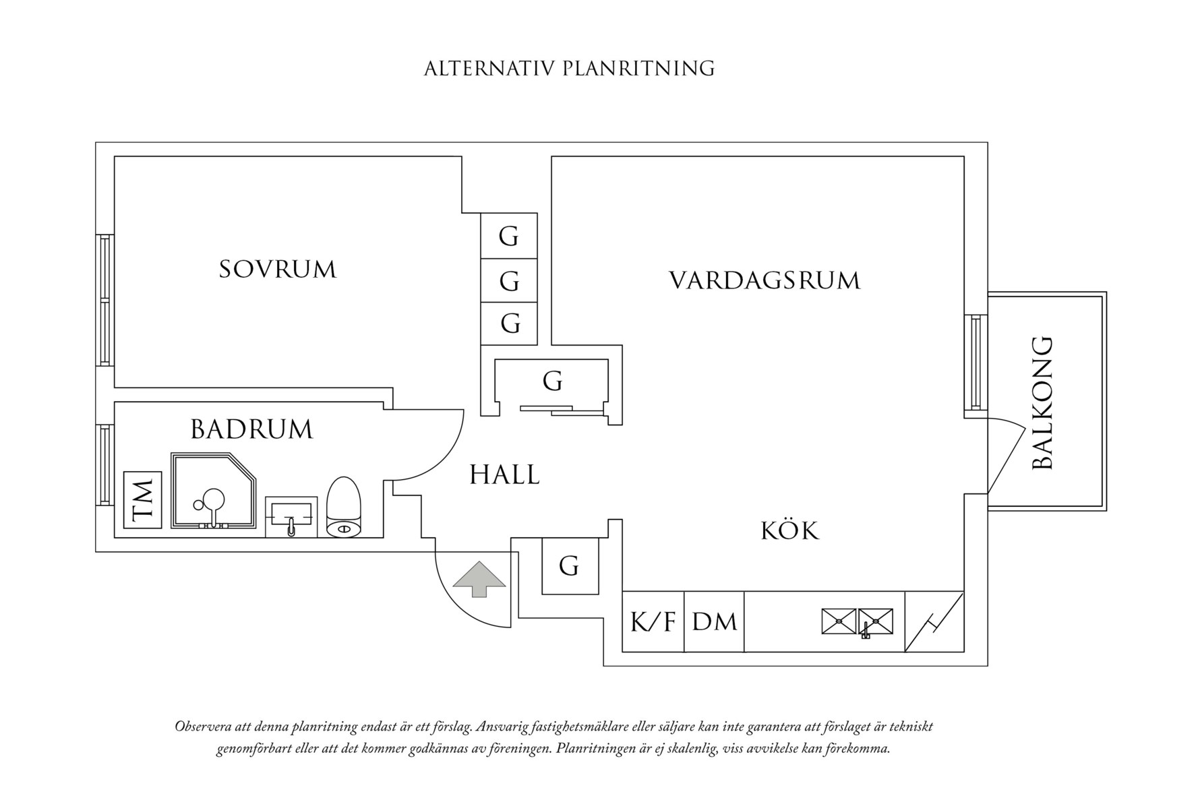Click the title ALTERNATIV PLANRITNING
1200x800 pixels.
pos(569,69)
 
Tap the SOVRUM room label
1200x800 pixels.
pos(278,270)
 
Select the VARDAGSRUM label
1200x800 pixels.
pos(764,280)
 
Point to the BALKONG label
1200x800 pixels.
pos(1043,403)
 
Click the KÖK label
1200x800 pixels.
pos(790,531)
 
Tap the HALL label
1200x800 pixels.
pos(504,475)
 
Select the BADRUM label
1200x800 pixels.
pos(251,429)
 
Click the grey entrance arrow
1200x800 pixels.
pos(479,578)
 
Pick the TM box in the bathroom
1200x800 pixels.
pos(143,500)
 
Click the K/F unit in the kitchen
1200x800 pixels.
pos(653,622)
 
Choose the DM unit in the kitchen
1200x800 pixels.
pos(714,622)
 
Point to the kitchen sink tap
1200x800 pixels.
pos(866,631)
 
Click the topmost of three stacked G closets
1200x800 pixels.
pos(509,236)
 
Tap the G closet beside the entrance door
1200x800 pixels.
pos(570,566)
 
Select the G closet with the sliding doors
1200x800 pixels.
pos(552,382)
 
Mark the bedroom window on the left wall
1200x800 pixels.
pos(104,300)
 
